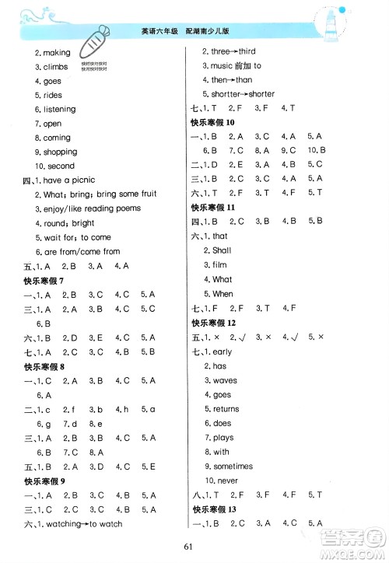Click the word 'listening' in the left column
60,110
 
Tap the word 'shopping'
60,152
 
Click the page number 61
194,547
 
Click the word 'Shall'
222,251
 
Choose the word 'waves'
225,380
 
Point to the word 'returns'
226,409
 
